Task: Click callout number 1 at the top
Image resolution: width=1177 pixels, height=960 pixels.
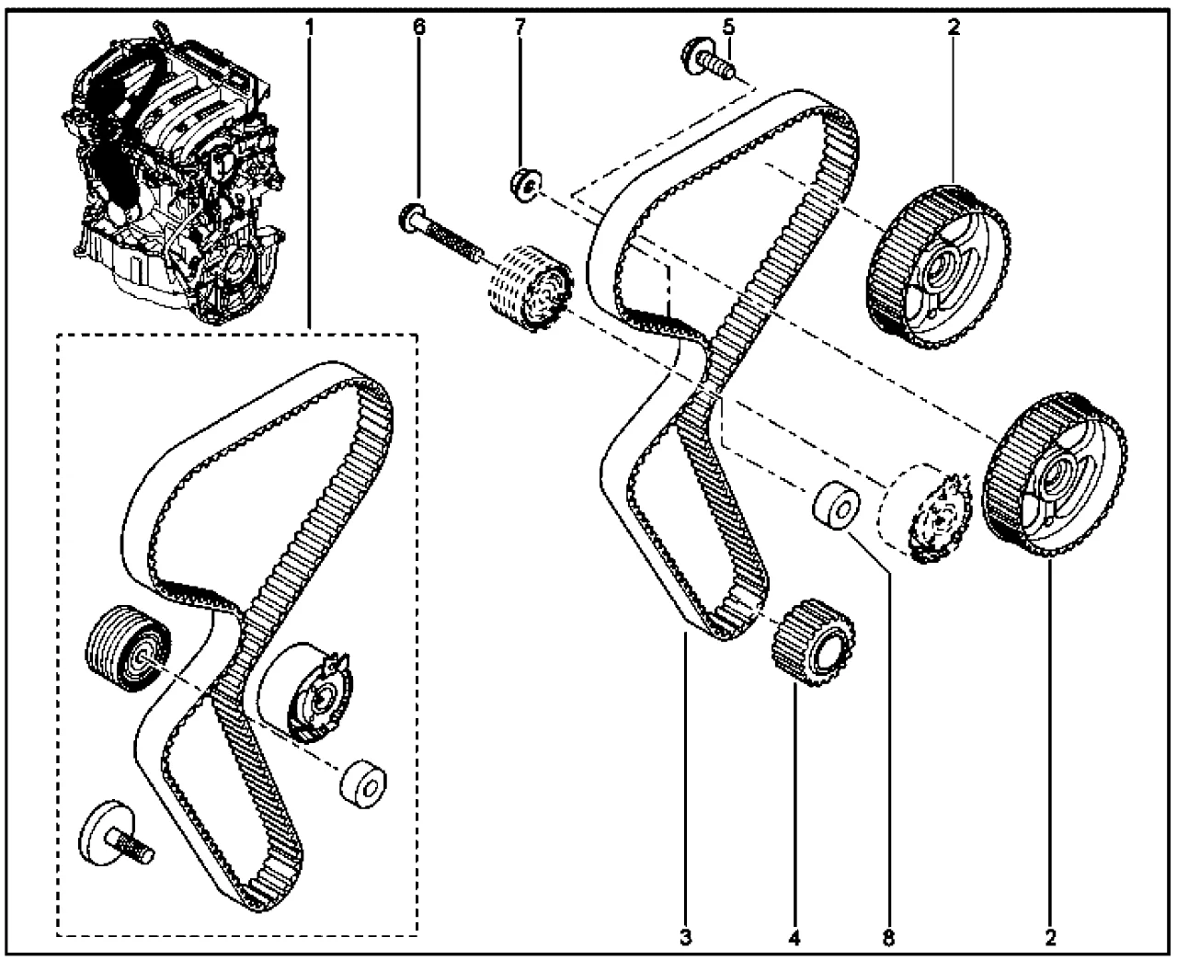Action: pos(310,27)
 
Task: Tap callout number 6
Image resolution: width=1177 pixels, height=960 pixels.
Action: pos(419,27)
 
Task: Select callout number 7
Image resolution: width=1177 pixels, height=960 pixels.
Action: pos(520,27)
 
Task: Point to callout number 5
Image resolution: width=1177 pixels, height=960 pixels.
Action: pos(729,27)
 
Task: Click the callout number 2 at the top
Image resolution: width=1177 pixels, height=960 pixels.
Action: pos(954,27)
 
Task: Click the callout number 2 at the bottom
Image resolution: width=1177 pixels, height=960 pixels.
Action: pos(1050,937)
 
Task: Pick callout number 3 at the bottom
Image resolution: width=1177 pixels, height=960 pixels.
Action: pos(686,937)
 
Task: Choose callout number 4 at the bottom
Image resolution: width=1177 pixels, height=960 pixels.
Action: pos(794,937)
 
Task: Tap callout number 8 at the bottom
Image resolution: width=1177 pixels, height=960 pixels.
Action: pos(888,937)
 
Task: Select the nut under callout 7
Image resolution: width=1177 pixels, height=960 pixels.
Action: pos(526,185)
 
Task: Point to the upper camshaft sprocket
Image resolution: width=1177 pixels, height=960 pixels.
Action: pos(938,267)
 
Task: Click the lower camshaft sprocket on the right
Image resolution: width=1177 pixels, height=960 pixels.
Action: pos(1055,474)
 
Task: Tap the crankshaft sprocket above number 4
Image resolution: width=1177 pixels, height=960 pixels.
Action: pos(814,641)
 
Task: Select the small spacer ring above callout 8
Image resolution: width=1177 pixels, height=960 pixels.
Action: pos(836,505)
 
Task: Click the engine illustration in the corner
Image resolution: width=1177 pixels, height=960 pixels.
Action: pos(173,173)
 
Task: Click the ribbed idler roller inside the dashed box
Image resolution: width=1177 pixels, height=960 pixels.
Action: pos(129,649)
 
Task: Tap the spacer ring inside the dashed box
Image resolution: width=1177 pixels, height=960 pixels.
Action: pos(363,784)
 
